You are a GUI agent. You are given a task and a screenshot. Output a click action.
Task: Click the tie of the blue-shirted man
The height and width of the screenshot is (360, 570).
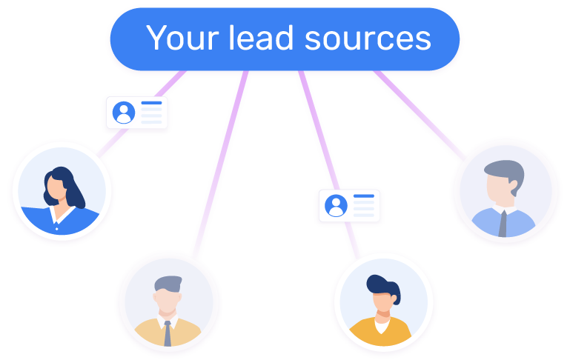point(503,222)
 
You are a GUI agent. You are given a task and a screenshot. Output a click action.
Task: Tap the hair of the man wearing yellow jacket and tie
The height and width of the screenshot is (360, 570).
point(169,284)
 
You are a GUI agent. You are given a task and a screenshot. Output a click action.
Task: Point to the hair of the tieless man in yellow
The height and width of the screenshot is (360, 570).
point(384,284)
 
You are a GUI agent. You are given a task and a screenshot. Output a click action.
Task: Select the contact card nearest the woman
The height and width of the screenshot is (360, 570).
point(136,113)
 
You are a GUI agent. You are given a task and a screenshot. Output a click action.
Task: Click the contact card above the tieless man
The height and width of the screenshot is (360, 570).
point(349,205)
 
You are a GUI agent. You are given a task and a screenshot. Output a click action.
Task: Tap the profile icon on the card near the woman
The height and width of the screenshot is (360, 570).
point(123,113)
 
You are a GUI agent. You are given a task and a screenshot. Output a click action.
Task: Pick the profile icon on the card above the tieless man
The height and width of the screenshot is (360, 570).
point(336,205)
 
